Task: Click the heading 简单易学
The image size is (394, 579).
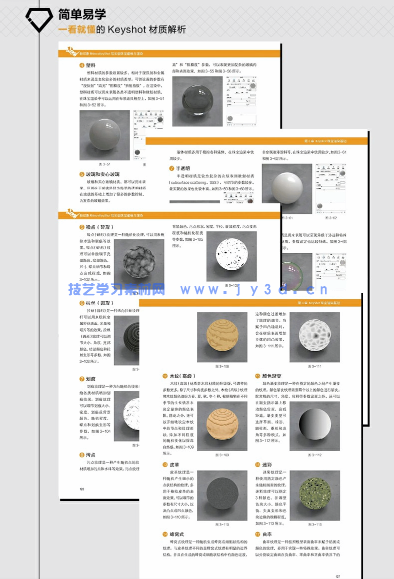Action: (82, 14)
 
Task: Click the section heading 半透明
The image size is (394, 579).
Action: (183, 169)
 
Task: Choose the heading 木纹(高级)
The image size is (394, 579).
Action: (182, 376)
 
